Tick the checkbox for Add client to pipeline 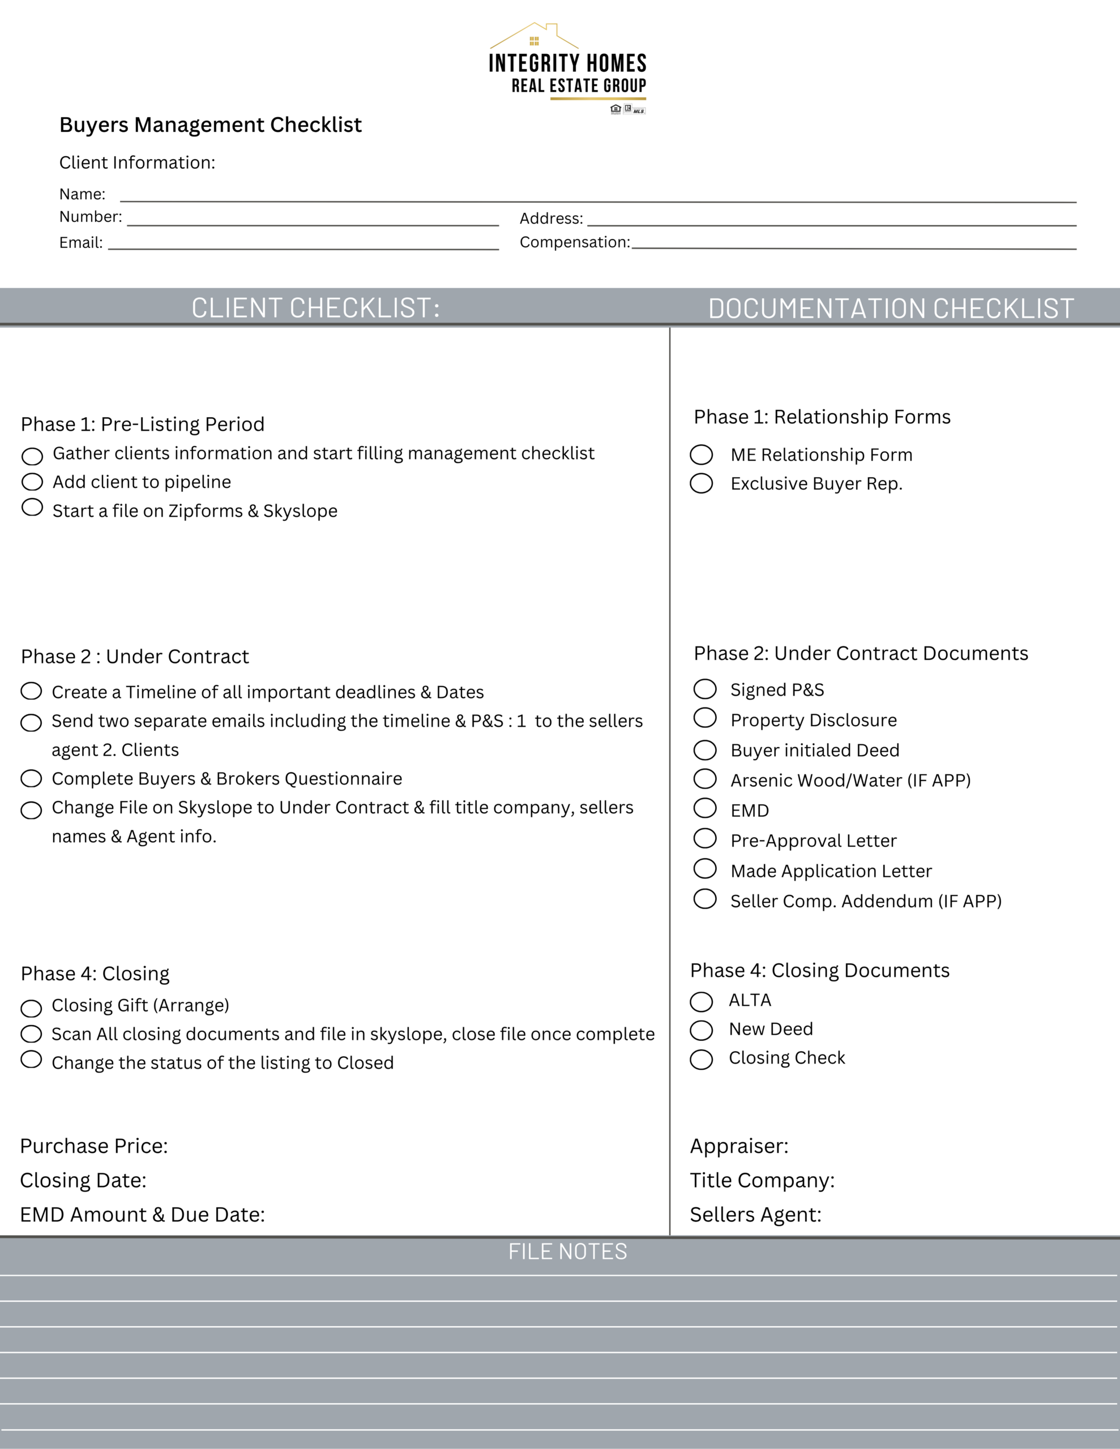pyautogui.click(x=32, y=482)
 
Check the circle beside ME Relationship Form pyautogui.click(x=701, y=455)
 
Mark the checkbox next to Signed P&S pyautogui.click(x=705, y=689)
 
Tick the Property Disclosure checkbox pyautogui.click(x=705, y=718)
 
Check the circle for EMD pyautogui.click(x=705, y=808)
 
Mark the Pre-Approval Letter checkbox pyautogui.click(x=705, y=839)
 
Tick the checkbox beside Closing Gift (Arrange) pyautogui.click(x=31, y=1009)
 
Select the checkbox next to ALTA pyautogui.click(x=701, y=1002)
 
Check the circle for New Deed pyautogui.click(x=701, y=1030)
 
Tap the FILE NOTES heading pyautogui.click(x=567, y=1252)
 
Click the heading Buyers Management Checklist pyautogui.click(x=211, y=125)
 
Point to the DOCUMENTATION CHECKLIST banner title pyautogui.click(x=891, y=308)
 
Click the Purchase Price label pyautogui.click(x=94, y=1146)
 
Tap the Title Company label pyautogui.click(x=762, y=1180)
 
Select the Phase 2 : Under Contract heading pyautogui.click(x=135, y=656)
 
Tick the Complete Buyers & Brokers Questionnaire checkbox pyautogui.click(x=31, y=778)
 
